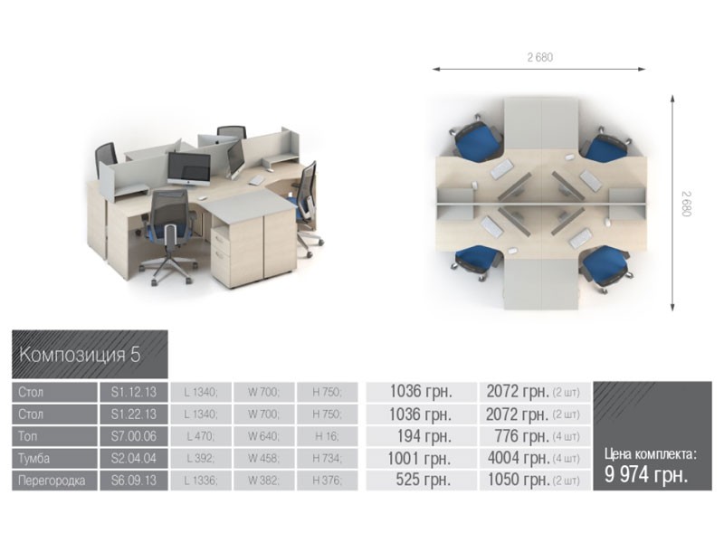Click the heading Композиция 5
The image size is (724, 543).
pos(80,355)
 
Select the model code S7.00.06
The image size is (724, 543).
pos(133,436)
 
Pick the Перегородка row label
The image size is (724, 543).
pos(52,481)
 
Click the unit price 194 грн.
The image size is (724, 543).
pos(424,436)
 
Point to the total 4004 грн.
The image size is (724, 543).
pos(519,458)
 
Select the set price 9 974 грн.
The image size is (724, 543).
pos(646,474)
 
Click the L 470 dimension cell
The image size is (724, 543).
pos(201,436)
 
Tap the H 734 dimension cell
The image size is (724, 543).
pos(327,458)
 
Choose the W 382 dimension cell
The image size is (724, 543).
pos(263,481)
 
